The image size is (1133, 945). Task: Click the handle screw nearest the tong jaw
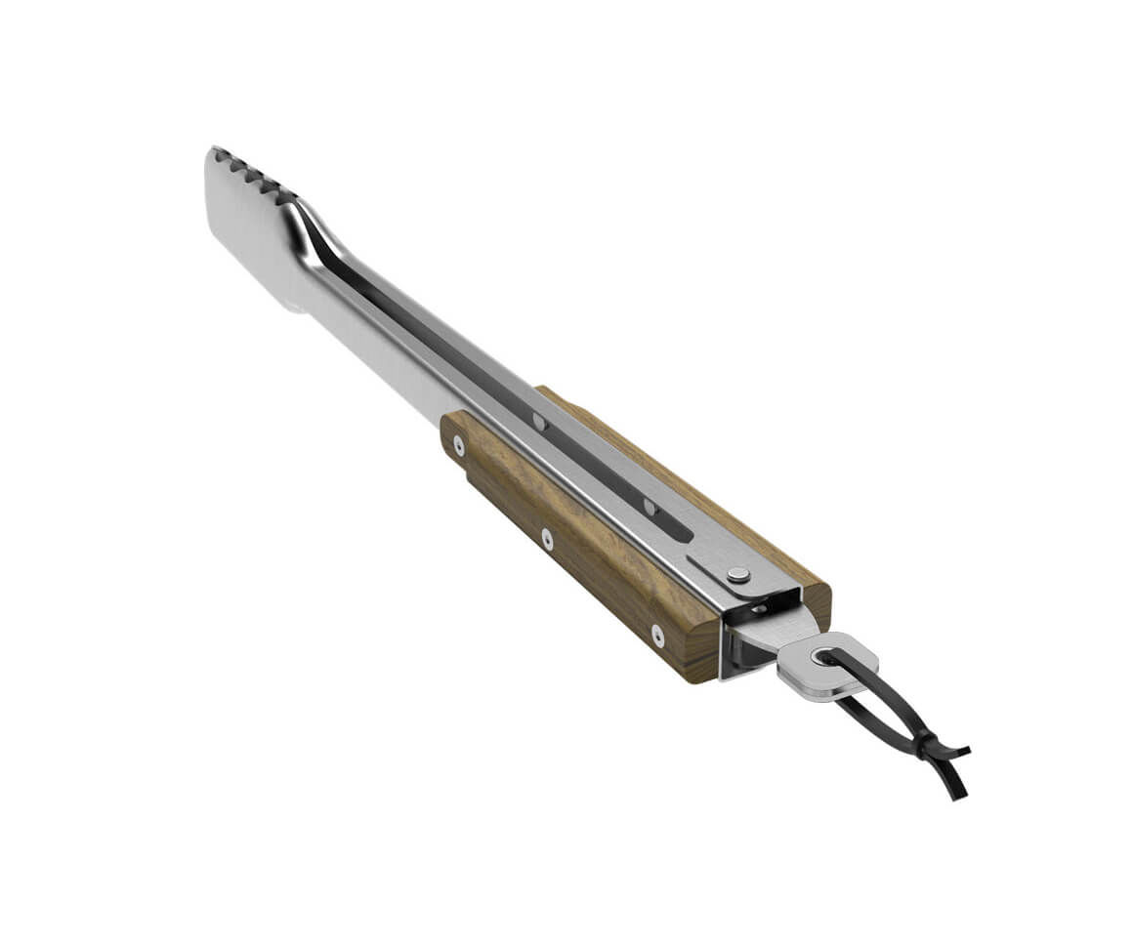tap(458, 445)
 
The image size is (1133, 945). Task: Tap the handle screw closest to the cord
tap(657, 636)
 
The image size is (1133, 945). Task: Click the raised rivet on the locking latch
tap(738, 575)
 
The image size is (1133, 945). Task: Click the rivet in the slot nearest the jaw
tap(538, 422)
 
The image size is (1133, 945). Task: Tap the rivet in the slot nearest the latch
tap(650, 505)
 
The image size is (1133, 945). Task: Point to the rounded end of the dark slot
tap(684, 534)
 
